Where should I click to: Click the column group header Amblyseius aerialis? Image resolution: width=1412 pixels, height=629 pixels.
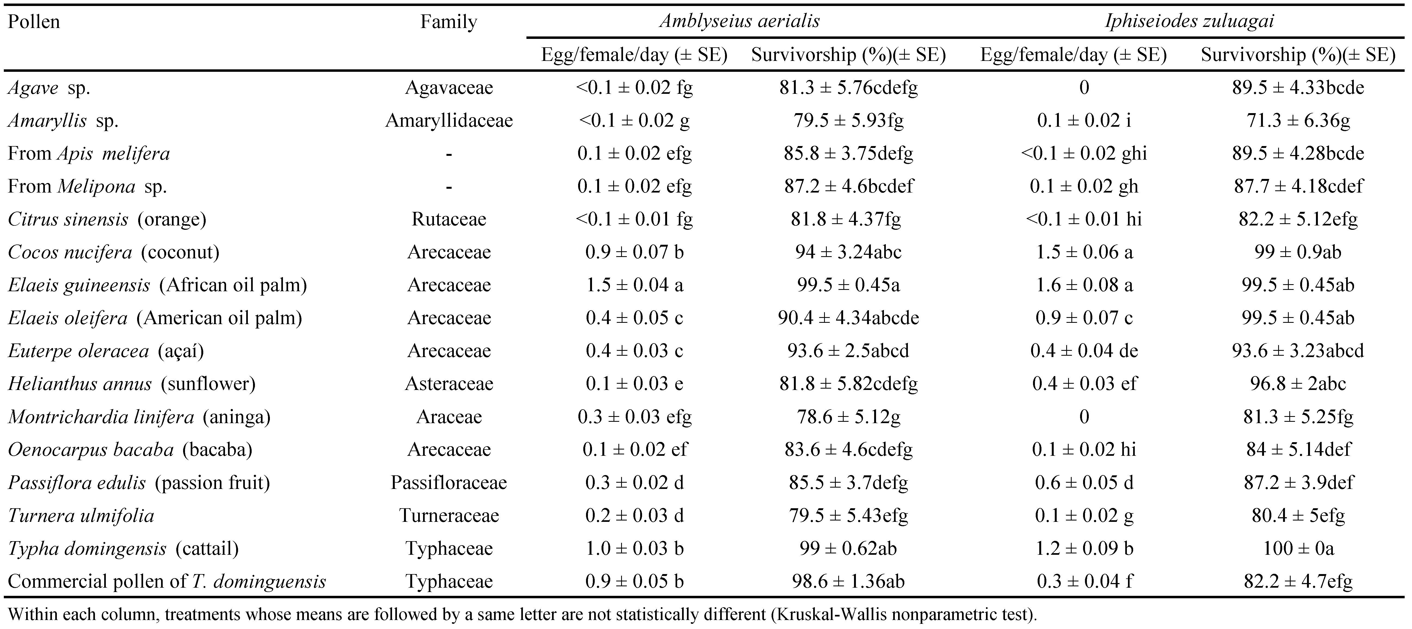739,21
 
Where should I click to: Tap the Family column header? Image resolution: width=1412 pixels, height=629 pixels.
448,23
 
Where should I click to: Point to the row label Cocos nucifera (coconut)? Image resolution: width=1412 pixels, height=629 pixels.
113,252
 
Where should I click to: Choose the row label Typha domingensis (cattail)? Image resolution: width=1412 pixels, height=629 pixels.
123,549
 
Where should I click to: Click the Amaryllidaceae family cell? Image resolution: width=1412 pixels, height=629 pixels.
449,120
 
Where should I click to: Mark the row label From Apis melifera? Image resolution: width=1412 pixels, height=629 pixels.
89,153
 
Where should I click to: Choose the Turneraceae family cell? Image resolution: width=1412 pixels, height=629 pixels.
449,516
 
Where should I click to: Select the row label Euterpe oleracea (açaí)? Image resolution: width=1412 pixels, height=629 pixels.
106,351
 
